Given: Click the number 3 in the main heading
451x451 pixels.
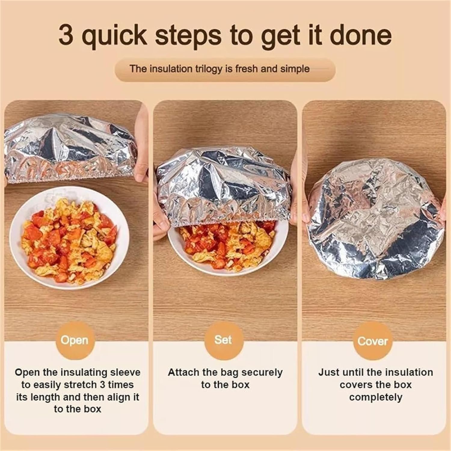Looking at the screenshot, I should point(66,35).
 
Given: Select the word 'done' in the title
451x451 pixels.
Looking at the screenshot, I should point(360,35).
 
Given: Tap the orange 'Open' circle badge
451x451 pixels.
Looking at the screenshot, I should point(75,340).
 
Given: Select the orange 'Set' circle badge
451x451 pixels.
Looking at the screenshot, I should point(223,340).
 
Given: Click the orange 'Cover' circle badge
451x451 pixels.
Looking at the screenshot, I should point(373,341).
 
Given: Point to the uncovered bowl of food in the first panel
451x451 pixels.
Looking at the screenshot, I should point(69,238).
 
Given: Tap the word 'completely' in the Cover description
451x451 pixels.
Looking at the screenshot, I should point(376,397).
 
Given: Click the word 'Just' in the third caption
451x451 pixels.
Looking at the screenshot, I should point(328,373).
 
